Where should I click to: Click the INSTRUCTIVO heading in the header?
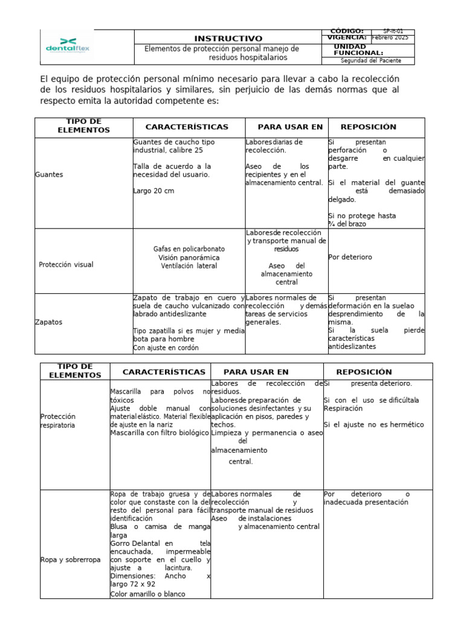click(228, 38)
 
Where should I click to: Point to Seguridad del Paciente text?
click(370, 60)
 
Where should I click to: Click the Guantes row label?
click(49, 175)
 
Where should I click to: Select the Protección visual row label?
click(66, 265)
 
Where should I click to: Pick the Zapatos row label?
click(49, 322)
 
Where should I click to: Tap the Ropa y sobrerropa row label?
click(70, 560)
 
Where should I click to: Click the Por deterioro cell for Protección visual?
click(350, 257)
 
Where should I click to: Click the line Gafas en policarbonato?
click(188, 248)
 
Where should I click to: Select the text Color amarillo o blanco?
click(147, 594)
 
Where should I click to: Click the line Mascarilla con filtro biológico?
click(159, 433)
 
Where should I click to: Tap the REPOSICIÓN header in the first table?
click(368, 127)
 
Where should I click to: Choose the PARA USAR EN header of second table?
click(256, 372)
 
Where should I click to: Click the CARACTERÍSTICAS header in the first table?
click(187, 127)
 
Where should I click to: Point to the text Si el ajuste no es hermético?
click(374, 425)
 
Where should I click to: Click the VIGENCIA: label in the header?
click(346, 37)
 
